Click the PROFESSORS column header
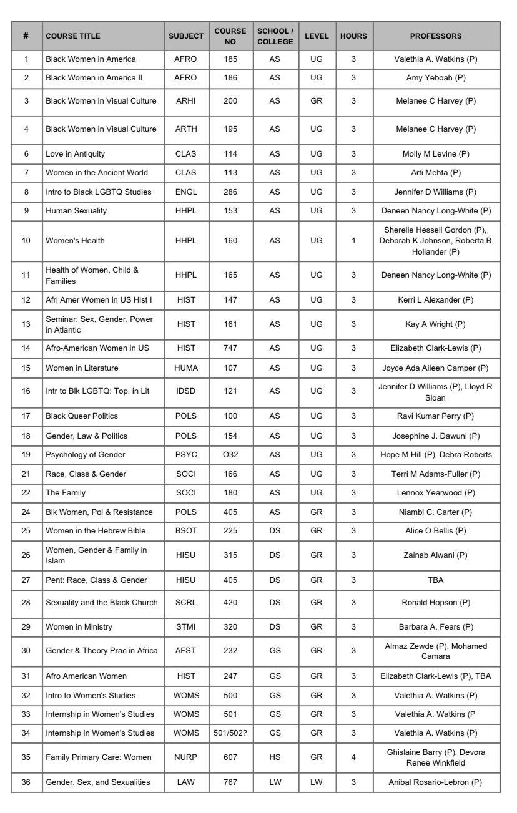pyautogui.click(x=436, y=36)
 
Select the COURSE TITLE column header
pyautogui.click(x=72, y=36)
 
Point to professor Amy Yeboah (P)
pyautogui.click(x=436, y=77)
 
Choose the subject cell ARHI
pyautogui.click(x=186, y=101)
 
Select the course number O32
pyautogui.click(x=230, y=455)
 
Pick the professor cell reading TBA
pyautogui.click(x=436, y=581)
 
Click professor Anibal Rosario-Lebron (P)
pyautogui.click(x=436, y=779)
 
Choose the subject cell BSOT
pyautogui.click(x=186, y=531)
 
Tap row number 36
pyautogui.click(x=26, y=779)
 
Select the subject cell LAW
pyautogui.click(x=186, y=779)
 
